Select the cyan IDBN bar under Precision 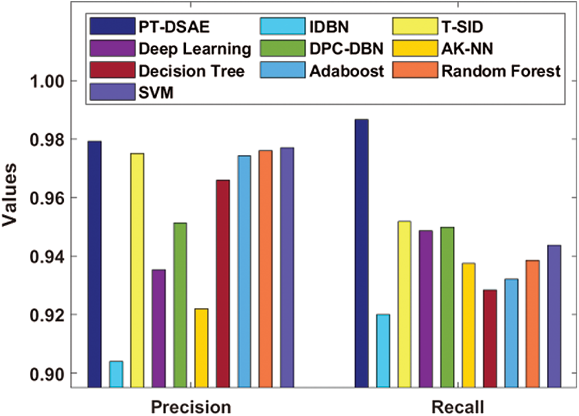(x=116, y=374)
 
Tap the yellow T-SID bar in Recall (x=404, y=304)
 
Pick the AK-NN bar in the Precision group (x=201, y=348)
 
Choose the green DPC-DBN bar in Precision (x=180, y=304)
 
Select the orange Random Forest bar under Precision (x=265, y=268)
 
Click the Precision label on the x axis (x=190, y=406)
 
